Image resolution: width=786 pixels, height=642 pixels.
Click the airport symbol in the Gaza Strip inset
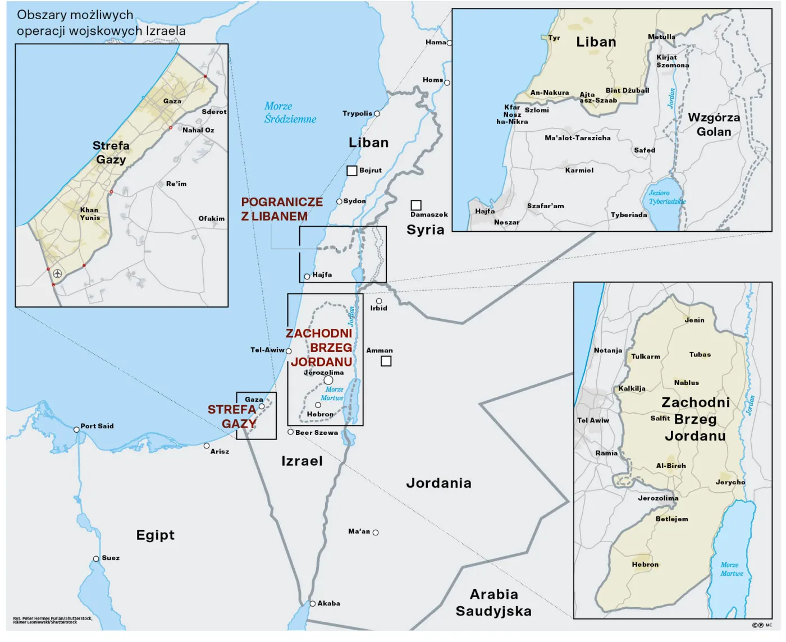tap(57, 274)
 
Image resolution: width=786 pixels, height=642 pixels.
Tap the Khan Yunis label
tap(90, 214)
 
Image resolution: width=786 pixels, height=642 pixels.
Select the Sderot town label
tap(214, 112)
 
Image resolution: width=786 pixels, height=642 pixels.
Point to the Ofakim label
tap(211, 219)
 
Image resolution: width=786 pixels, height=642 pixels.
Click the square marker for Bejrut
tap(352, 171)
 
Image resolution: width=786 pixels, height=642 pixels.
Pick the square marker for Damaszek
tap(416, 205)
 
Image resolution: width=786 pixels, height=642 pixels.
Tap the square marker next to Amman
tap(386, 361)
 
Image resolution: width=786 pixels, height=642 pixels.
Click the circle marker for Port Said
tap(76, 430)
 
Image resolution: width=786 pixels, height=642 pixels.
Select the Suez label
tap(111, 558)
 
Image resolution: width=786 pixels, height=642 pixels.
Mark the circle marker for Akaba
tap(313, 604)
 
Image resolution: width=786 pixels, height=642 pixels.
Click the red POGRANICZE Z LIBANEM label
tap(281, 209)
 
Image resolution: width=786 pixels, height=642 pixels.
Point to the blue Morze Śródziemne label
tap(290, 113)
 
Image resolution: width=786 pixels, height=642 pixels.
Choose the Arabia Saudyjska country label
tap(493, 603)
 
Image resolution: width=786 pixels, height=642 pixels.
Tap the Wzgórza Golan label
tap(714, 125)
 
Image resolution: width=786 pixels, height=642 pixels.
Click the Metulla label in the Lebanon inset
tap(661, 37)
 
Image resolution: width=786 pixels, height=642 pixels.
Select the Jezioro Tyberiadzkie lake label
tap(667, 197)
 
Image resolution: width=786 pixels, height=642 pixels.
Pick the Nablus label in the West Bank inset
tap(686, 383)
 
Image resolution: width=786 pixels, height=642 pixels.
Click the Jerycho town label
tap(730, 482)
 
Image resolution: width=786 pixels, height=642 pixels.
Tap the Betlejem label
tap(671, 519)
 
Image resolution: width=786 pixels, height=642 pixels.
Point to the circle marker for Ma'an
tap(376, 533)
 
